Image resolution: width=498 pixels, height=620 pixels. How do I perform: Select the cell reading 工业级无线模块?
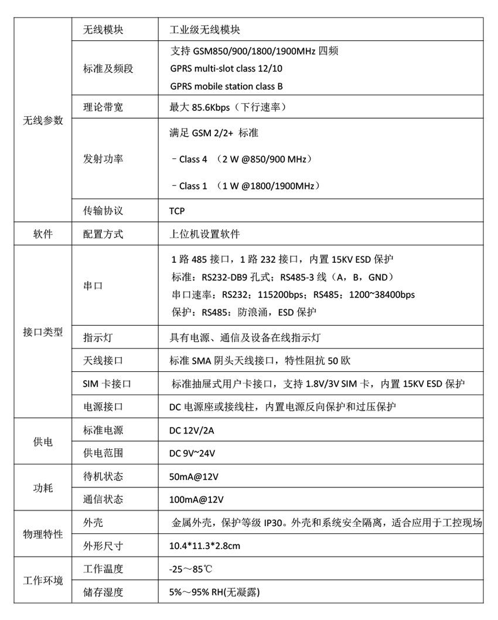204,30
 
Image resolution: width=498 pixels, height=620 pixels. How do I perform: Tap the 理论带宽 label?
103,107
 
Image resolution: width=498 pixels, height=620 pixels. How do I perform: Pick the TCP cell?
177,211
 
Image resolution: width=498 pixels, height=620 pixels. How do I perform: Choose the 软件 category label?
43,234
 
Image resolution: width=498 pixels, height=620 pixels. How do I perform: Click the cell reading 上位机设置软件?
204,234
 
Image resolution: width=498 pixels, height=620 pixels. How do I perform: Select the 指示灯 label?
98,338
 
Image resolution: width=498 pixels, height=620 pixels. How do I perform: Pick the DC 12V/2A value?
191,431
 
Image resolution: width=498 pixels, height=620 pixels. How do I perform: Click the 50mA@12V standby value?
193,476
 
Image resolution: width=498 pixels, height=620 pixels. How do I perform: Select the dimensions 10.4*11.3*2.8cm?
204,546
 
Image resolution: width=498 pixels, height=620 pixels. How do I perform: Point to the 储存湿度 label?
103,592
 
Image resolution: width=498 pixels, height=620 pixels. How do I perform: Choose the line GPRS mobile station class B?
227,86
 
